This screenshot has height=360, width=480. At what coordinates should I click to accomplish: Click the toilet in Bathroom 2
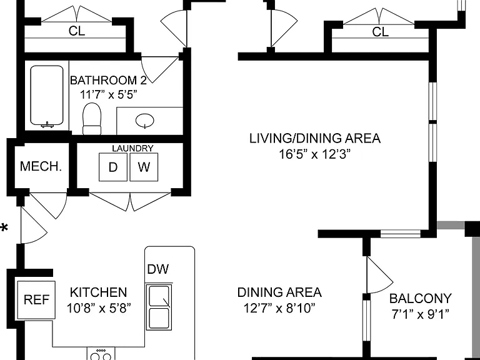coord(92,119)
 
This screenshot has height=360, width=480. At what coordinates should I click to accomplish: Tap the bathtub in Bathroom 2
coord(47,96)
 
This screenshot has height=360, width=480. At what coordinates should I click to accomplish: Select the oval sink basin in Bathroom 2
coord(145,120)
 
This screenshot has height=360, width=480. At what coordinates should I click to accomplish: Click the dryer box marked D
coord(113,167)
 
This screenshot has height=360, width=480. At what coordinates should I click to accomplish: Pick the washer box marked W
coord(144,167)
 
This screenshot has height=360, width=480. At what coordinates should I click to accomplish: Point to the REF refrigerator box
coord(36,300)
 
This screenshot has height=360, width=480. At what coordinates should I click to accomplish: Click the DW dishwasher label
coord(158,269)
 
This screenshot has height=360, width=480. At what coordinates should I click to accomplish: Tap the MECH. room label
coord(41,166)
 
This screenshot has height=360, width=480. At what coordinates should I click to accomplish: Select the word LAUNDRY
coord(132,149)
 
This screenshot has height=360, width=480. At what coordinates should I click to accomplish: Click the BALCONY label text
coord(420,298)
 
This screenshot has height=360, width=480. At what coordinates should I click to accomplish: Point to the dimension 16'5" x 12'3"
coord(314,154)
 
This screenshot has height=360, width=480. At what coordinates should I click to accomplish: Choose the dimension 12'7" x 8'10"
coord(279,308)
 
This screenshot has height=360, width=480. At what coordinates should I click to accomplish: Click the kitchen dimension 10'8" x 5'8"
coord(99,308)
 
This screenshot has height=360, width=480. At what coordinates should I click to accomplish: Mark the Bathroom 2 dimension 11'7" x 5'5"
coord(108,95)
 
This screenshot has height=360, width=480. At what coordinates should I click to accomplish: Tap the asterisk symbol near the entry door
coord(4,228)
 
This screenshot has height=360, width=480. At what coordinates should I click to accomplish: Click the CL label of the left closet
coord(77,31)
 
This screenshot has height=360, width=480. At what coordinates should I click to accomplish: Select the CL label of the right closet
coord(381,32)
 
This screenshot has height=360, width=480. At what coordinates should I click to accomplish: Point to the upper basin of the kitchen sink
coord(159,296)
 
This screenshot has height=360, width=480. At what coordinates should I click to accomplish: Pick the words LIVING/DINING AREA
coord(315,138)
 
